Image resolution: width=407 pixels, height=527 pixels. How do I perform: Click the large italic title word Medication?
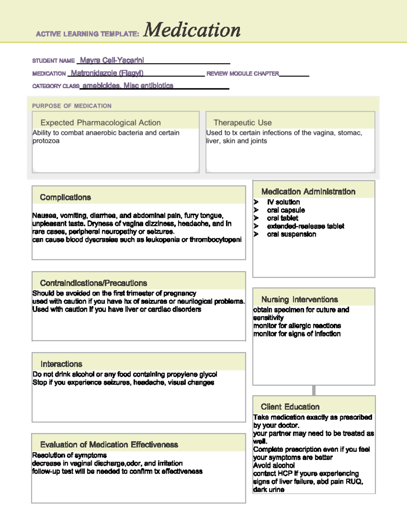pos(192,30)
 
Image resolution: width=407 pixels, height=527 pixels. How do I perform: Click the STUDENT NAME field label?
pos(53,61)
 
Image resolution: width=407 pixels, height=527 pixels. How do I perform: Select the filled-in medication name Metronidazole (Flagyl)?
pos(107,73)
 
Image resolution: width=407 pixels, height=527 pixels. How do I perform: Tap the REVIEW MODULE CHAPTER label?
pos(243,74)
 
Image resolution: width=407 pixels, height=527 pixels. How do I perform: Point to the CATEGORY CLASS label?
pos(56,86)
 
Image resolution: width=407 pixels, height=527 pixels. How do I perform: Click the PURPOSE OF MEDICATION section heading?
pos(72,106)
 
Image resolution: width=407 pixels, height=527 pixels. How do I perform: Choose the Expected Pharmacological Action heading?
pos(100,123)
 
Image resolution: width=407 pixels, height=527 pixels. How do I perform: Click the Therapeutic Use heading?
pos(243,123)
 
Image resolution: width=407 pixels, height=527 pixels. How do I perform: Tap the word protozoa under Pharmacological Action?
pos(46,141)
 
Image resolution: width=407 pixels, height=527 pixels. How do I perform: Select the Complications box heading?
pos(65,197)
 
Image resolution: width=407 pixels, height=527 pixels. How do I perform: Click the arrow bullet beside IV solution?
pos(256,202)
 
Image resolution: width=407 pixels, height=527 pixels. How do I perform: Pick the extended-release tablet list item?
pos(305,226)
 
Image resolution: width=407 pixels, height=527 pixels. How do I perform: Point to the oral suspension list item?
pos(291,234)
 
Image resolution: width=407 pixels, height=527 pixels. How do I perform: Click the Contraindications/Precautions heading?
pos(93,283)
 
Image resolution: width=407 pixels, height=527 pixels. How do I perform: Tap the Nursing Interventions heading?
pos(299,299)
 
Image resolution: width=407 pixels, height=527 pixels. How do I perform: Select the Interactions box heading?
pos(61,364)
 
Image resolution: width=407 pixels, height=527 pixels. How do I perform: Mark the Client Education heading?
pos(290,407)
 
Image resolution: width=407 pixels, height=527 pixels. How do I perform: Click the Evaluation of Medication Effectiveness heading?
pos(109,445)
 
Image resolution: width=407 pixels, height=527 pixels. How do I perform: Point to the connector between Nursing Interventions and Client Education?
pos(314,390)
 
